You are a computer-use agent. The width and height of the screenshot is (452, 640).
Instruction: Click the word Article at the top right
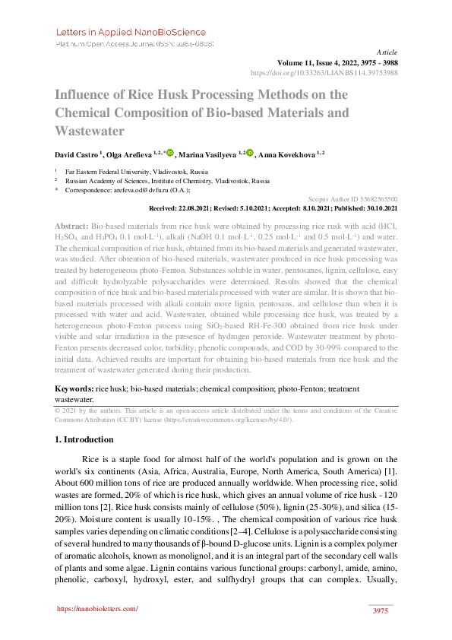point(387,52)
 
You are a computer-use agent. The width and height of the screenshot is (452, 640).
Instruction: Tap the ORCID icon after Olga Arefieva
point(169,153)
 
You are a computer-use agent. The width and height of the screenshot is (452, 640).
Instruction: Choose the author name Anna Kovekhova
point(288,154)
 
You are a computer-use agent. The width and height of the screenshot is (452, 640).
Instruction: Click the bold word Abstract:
point(71,227)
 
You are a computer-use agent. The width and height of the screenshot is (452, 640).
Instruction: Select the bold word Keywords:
point(74,388)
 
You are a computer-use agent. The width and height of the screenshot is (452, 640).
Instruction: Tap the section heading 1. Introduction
point(84,440)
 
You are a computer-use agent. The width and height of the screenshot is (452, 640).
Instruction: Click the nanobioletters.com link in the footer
point(98,609)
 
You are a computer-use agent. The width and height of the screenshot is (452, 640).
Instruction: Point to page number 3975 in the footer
point(381,613)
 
